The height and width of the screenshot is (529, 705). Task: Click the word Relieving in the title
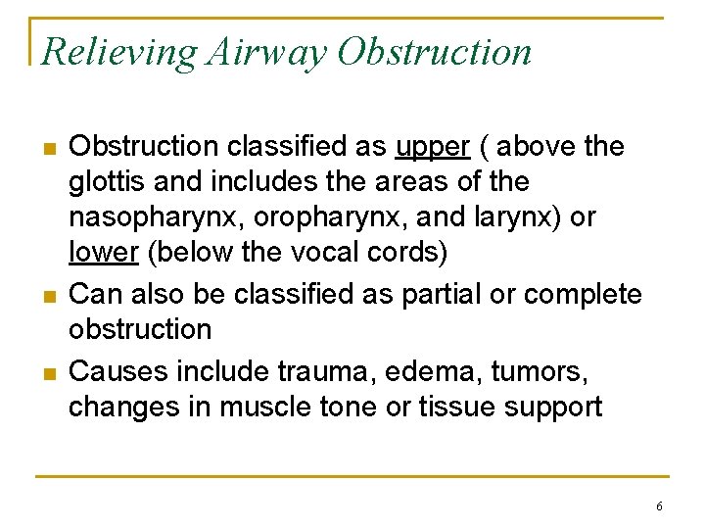tap(121, 52)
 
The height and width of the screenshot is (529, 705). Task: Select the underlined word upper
tap(433, 147)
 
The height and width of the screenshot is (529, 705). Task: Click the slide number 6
tap(659, 506)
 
